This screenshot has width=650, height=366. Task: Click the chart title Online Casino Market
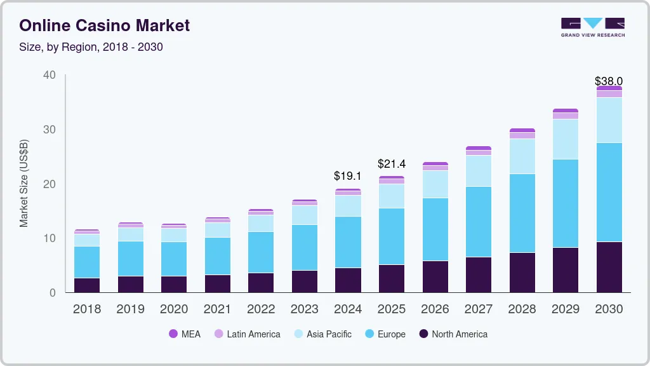coord(105,25)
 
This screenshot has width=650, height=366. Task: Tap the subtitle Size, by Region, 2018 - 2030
coord(91,47)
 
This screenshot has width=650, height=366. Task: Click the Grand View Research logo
coord(592,27)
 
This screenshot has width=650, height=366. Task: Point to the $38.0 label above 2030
coord(608,81)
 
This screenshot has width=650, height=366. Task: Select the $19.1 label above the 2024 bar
coord(347,176)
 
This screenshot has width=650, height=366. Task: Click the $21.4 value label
coord(391,164)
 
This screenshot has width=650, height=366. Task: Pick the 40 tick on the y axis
coord(50,75)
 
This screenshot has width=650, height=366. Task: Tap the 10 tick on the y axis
coord(50,238)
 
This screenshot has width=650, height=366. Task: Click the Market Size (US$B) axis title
coord(24,183)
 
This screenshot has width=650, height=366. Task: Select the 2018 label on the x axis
coord(86,309)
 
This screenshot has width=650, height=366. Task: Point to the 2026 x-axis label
coord(434,309)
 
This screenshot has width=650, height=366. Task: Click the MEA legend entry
coord(185,334)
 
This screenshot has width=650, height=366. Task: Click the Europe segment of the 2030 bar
coord(609,192)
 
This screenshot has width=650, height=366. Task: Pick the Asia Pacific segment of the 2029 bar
coord(565,139)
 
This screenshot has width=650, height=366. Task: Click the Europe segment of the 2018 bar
coord(86,262)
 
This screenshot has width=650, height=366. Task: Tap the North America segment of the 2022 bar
coord(260,282)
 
